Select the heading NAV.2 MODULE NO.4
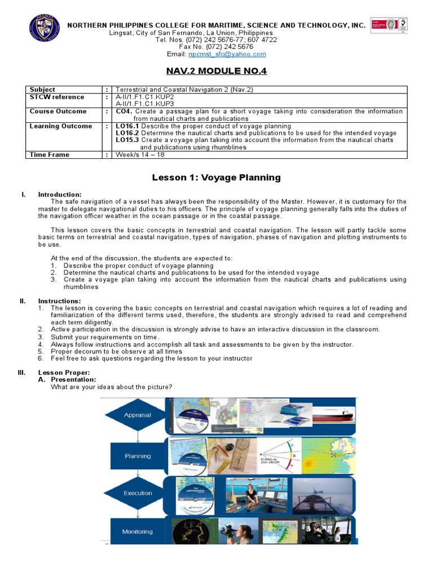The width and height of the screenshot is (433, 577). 216,71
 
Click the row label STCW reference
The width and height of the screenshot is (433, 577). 57,97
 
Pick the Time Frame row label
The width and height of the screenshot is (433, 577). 50,155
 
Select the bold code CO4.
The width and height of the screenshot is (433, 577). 123,112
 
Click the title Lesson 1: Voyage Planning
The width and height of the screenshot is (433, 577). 216,177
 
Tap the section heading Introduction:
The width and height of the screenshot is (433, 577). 60,194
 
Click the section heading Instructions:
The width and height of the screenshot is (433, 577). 59,301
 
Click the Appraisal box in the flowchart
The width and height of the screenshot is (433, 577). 138,415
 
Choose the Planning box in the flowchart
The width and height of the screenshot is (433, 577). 138,456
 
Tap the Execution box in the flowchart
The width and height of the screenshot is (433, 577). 138,493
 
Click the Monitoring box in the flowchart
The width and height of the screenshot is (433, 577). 138,531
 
